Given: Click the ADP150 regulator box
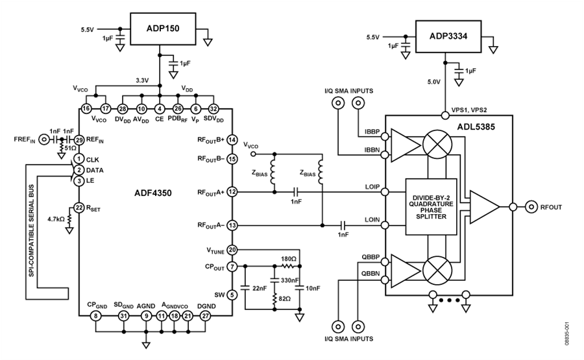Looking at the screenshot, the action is (x=163, y=29).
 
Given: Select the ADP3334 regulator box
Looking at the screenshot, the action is (x=448, y=36).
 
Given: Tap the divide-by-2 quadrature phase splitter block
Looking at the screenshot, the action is (x=431, y=207).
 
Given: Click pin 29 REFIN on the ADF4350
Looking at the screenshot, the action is (x=79, y=140).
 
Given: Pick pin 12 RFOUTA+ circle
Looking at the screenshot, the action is (x=232, y=192).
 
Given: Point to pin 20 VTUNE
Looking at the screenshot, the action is (x=232, y=250).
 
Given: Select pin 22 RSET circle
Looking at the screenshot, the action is (x=79, y=208).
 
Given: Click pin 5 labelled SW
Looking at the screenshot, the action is (x=232, y=295).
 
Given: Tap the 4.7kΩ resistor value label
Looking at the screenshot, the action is (x=56, y=219).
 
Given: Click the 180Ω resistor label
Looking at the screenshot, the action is (x=289, y=259).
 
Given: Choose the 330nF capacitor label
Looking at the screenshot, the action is (x=289, y=280).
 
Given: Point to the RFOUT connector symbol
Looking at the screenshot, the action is (x=531, y=207).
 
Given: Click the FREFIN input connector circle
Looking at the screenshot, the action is (x=44, y=140).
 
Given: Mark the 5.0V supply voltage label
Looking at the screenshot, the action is (x=434, y=82).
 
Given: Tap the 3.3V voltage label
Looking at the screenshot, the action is (x=142, y=80).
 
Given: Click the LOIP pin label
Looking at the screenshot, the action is (x=372, y=187).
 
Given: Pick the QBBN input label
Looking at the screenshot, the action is (x=371, y=274).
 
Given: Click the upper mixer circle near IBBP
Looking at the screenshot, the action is (x=437, y=143).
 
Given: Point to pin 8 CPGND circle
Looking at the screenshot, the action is (x=96, y=316).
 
